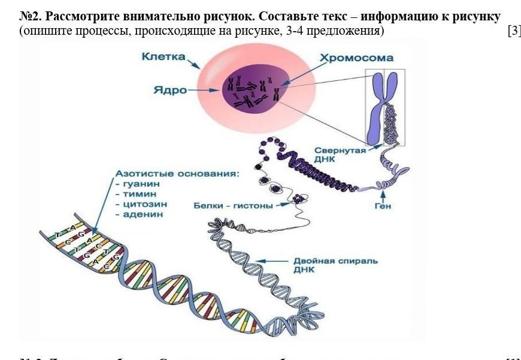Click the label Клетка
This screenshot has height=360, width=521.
163,57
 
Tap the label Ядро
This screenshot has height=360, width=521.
169,90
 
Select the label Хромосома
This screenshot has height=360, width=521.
356,58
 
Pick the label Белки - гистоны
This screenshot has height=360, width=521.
233,205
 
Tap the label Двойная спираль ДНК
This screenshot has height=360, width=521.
335,265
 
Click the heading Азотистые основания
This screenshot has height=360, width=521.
177,174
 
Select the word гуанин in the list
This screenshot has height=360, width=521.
142,184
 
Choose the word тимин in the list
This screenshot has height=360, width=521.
140,194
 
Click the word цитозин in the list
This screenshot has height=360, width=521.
144,204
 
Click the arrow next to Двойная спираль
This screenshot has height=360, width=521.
277,261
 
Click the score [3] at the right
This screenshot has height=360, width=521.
514,31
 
